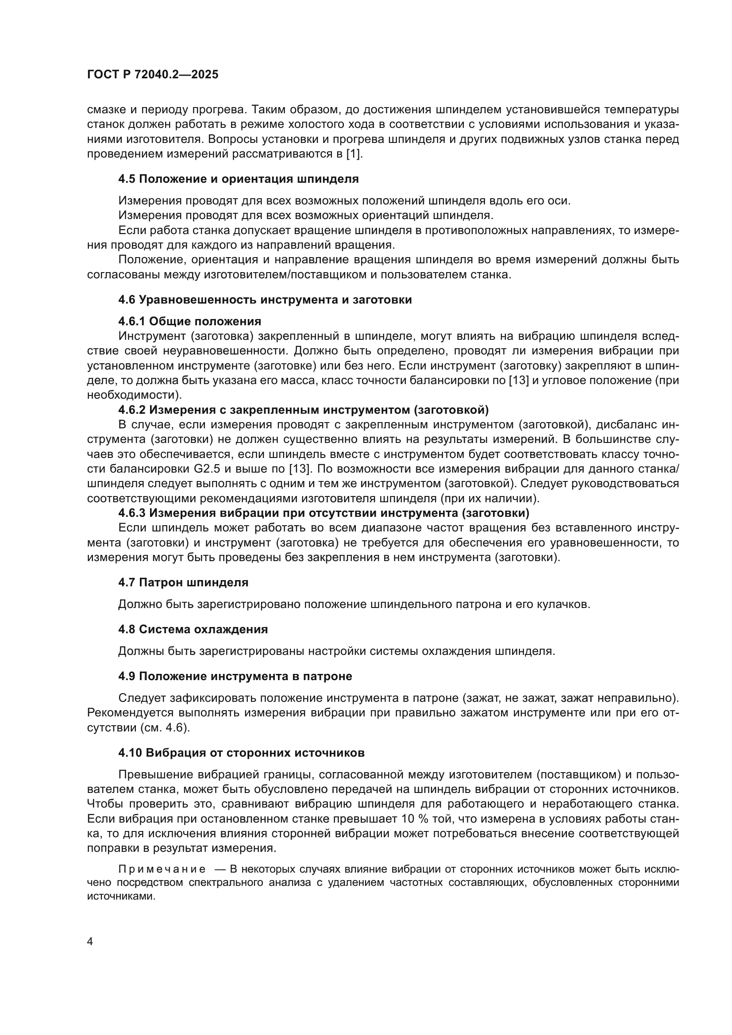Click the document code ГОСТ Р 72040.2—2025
152,75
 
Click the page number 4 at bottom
90,942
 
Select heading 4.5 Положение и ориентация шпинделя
239,179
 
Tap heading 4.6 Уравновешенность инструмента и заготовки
265,300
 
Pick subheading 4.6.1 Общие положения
190,321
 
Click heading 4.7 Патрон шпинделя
183,582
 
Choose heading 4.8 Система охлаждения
193,629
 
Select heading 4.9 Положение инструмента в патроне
235,676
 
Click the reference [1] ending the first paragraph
354,154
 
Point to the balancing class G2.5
207,469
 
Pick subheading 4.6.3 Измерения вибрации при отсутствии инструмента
324,513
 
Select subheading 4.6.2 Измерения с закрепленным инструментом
303,410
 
